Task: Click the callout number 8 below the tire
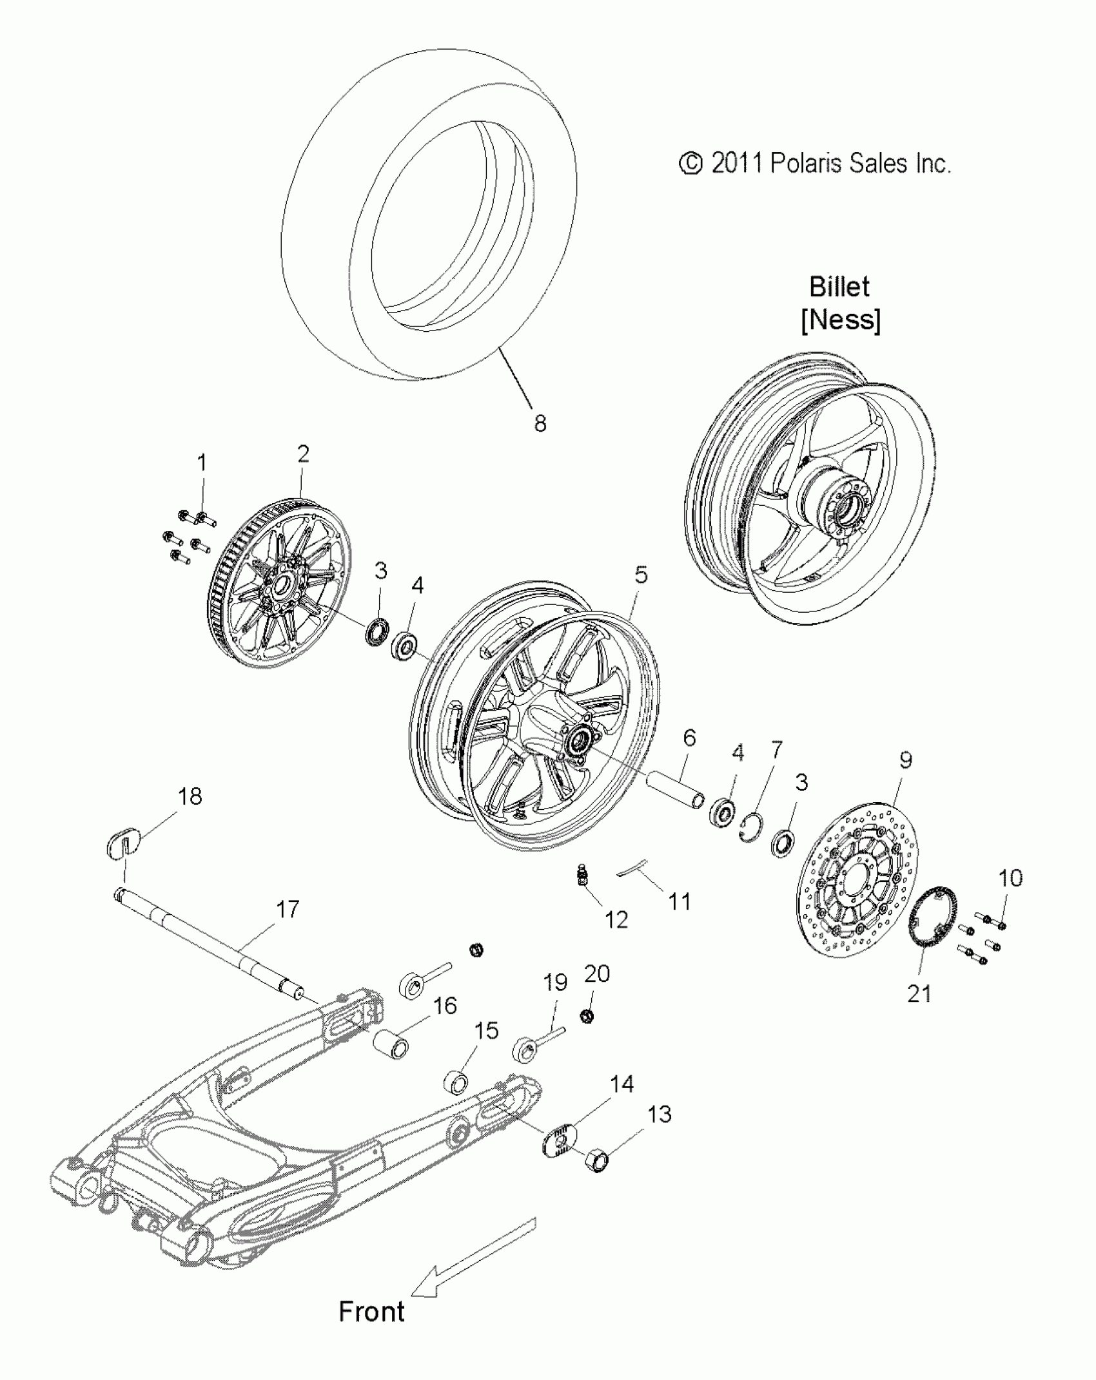click(540, 423)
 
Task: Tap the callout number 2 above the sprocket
click(303, 454)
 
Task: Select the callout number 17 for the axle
click(288, 909)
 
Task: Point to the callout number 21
click(919, 993)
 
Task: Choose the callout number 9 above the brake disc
click(905, 760)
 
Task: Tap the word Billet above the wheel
click(839, 287)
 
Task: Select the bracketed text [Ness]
click(841, 320)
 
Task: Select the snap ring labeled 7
click(751, 826)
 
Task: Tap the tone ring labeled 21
click(932, 928)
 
